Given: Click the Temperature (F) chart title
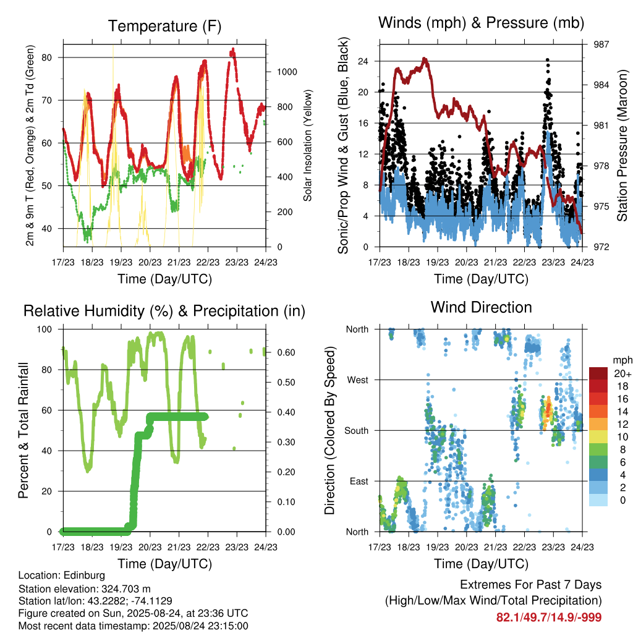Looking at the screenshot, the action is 164,26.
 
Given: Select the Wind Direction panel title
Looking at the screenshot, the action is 481,307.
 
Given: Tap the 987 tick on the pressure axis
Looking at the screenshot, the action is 601,45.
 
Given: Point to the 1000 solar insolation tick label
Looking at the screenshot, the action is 287,72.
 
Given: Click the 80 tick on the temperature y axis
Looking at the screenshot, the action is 47,57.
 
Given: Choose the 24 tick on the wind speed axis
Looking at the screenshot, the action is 363,61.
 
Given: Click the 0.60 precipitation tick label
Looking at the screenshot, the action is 286,352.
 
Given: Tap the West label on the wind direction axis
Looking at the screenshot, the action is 358,380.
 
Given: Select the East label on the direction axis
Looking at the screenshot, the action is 359,481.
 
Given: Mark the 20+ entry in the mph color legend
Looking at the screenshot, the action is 622,373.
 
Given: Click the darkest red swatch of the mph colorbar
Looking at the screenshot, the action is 598,373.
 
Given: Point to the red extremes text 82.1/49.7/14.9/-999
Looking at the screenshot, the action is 549,618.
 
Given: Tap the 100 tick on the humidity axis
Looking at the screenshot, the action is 45,329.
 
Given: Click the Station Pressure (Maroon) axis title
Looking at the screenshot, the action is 622,145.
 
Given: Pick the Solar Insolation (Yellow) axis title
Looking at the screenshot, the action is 308,145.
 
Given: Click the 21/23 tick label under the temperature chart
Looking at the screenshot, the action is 179,262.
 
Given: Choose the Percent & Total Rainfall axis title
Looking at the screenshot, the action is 23,430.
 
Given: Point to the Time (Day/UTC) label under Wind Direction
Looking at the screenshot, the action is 481,564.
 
